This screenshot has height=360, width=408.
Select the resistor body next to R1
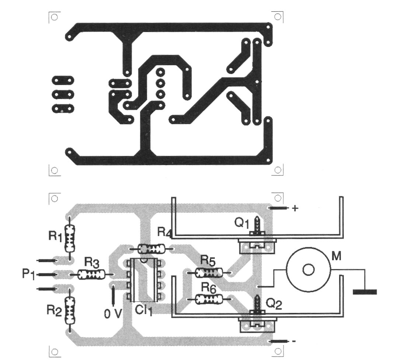69,238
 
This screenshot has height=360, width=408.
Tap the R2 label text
54,311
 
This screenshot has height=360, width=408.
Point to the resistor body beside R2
69,310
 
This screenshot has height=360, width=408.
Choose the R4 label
164,233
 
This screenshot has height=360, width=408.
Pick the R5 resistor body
208,273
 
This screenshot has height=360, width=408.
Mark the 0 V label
113,313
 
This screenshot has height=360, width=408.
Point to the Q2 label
274,305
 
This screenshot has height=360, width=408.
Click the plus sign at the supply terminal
295,208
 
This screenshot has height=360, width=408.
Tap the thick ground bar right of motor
365,292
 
